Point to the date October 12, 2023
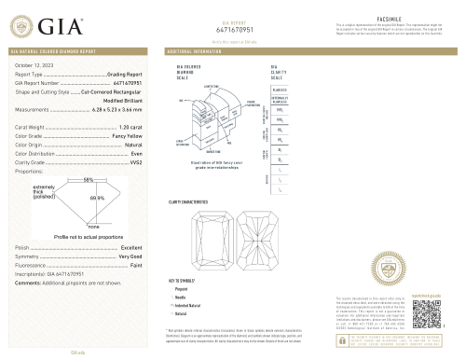(36, 64)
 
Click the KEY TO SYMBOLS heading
(183, 280)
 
